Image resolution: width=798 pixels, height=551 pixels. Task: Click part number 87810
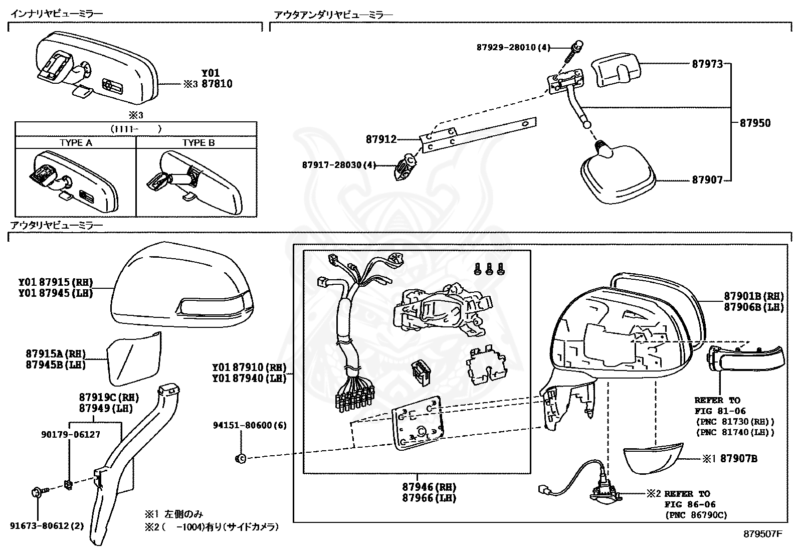click(217, 84)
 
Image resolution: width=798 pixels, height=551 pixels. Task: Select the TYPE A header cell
click(76, 143)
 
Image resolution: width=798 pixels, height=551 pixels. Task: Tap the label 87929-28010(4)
click(513, 48)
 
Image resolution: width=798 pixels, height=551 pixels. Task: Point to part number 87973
click(707, 64)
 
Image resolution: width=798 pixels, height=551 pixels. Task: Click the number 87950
click(755, 123)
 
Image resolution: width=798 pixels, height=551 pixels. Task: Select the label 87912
click(381, 140)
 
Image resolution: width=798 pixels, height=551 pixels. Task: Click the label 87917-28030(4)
click(338, 165)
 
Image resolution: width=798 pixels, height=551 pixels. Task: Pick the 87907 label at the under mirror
click(707, 180)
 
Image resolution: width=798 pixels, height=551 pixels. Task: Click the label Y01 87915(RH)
click(56, 282)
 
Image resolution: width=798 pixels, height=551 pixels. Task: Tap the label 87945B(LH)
click(56, 365)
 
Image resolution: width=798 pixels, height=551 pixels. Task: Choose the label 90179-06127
click(70, 435)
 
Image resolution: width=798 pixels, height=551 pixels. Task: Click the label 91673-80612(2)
click(47, 526)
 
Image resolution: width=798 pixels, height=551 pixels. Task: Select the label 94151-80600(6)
click(249, 425)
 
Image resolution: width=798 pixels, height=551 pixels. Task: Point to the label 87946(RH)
click(429, 487)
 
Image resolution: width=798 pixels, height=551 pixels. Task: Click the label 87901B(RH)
click(753, 296)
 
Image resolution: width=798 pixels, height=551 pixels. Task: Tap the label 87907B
click(738, 458)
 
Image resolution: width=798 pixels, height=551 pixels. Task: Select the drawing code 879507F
click(763, 534)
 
